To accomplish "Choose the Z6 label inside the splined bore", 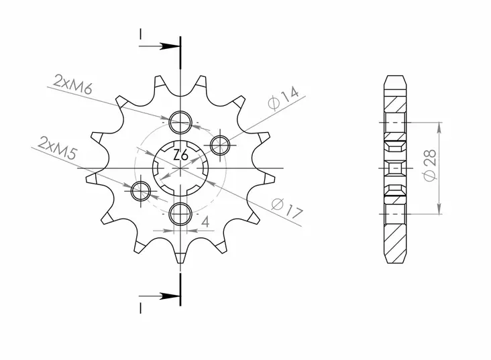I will pos(180,156).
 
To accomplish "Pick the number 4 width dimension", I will pos(204,221).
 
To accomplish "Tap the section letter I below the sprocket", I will pos(140,308).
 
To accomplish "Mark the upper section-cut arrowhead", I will pos(172,47).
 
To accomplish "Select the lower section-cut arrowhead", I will pos(172,295).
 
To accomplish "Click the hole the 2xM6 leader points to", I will pos(180,123).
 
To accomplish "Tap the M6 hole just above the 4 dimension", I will pos(180,213).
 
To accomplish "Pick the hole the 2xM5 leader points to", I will pos(141,192).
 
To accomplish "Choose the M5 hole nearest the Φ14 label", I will pos(221,144).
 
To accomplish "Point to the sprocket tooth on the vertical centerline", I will pos(180,256).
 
